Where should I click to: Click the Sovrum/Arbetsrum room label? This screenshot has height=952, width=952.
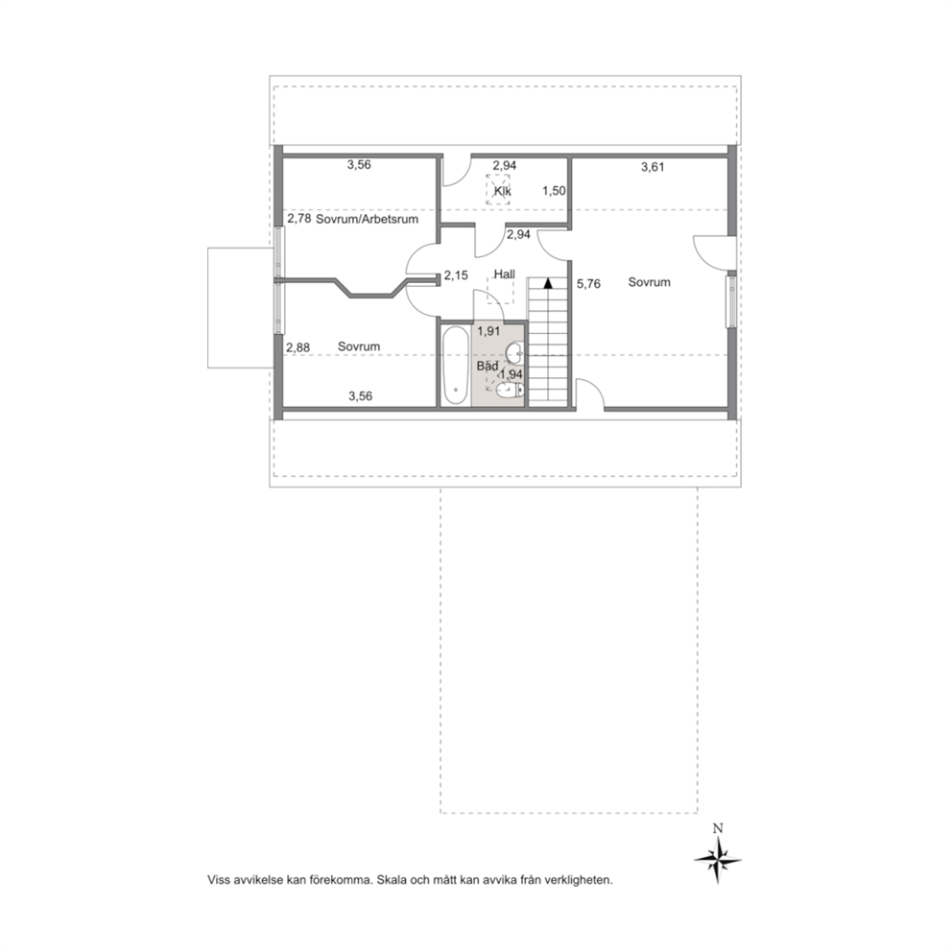click(x=367, y=219)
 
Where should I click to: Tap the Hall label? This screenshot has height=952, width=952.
click(x=504, y=274)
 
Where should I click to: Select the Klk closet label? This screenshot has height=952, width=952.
click(x=502, y=191)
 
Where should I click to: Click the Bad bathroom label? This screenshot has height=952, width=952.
click(x=488, y=366)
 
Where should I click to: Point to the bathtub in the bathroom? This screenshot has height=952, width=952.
click(x=455, y=366)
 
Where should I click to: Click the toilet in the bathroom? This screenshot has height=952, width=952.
click(x=510, y=391)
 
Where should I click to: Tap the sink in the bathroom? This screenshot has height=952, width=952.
click(x=514, y=351)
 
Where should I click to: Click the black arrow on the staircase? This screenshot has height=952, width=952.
click(x=548, y=282)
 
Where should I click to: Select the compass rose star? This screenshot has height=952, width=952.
click(x=718, y=860)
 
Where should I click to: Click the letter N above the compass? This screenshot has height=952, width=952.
click(x=718, y=828)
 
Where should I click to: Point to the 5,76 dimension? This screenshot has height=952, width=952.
click(x=588, y=283)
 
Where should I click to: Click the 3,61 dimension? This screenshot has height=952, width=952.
click(x=653, y=167)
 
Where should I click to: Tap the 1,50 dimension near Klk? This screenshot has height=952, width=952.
click(x=554, y=191)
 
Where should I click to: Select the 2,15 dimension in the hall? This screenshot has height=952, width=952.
click(x=456, y=275)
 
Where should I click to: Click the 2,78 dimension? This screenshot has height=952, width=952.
click(x=299, y=218)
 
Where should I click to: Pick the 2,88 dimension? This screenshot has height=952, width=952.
click(x=298, y=347)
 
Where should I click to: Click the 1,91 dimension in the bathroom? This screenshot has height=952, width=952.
click(x=488, y=331)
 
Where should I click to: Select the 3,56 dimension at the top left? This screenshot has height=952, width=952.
click(x=359, y=164)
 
